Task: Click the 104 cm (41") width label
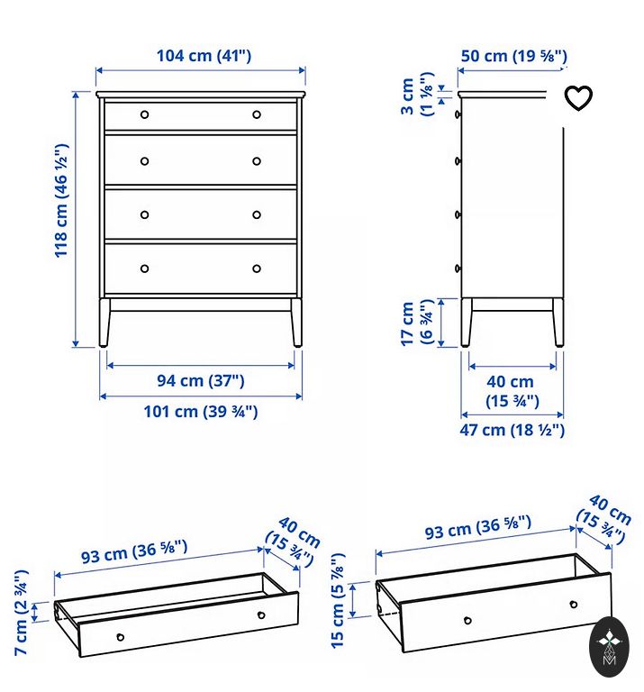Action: click(x=204, y=56)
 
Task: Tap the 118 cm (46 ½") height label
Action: click(x=61, y=201)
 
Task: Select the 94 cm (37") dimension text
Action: click(x=201, y=380)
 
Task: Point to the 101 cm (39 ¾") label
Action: click(x=201, y=411)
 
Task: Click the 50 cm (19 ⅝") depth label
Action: click(x=514, y=56)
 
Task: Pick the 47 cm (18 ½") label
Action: click(x=512, y=430)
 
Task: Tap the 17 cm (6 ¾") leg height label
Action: click(x=416, y=323)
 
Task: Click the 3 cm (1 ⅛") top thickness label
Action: click(x=417, y=95)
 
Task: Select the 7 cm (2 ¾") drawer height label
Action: click(x=22, y=612)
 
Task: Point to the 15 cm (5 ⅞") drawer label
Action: click(x=338, y=601)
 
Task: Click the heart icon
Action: click(x=578, y=98)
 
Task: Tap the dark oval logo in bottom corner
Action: click(x=609, y=647)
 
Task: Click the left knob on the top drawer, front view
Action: click(x=145, y=114)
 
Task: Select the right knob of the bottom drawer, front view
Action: click(x=257, y=269)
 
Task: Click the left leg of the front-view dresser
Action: click(x=104, y=323)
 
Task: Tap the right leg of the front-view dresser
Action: click(x=296, y=323)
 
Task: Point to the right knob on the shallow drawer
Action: click(x=261, y=615)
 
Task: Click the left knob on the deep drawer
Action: click(x=468, y=621)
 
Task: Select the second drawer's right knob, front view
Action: click(x=257, y=161)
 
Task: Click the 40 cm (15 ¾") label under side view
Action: click(x=512, y=391)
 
